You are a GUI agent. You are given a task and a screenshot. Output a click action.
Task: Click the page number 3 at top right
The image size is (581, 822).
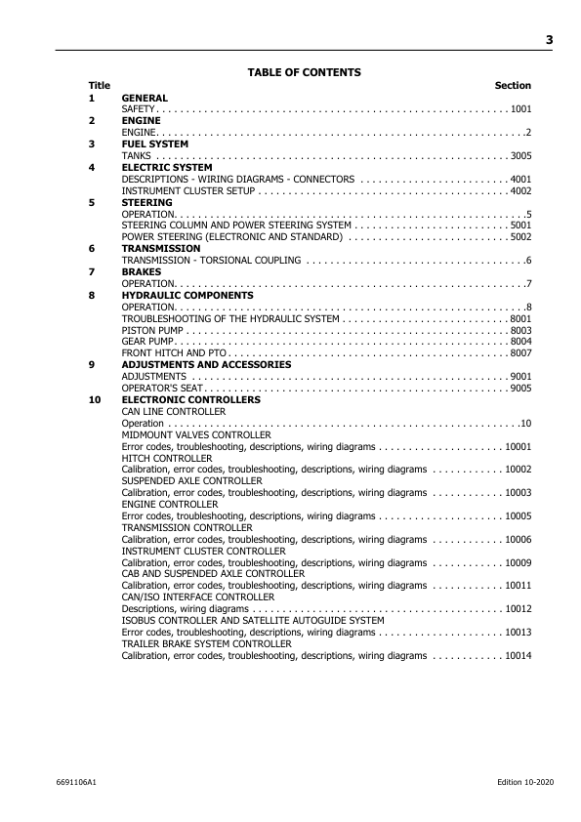[549, 40]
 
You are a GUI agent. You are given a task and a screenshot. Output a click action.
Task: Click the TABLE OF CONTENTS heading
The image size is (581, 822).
[304, 72]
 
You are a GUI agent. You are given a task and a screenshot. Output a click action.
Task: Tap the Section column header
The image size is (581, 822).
[513, 86]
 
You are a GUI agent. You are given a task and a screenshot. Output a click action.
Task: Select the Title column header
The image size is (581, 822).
[100, 86]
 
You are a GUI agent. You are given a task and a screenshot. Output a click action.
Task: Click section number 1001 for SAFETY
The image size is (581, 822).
[520, 109]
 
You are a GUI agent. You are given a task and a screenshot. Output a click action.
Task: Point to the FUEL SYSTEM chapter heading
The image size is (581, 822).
[154, 144]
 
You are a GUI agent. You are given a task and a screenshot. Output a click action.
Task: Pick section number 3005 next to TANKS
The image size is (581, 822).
[520, 155]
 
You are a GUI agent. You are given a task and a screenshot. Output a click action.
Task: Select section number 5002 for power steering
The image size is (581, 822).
[520, 236]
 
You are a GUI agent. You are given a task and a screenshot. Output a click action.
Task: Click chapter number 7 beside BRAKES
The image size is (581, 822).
[92, 271]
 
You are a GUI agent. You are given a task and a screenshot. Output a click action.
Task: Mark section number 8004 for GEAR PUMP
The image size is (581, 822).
[520, 341]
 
